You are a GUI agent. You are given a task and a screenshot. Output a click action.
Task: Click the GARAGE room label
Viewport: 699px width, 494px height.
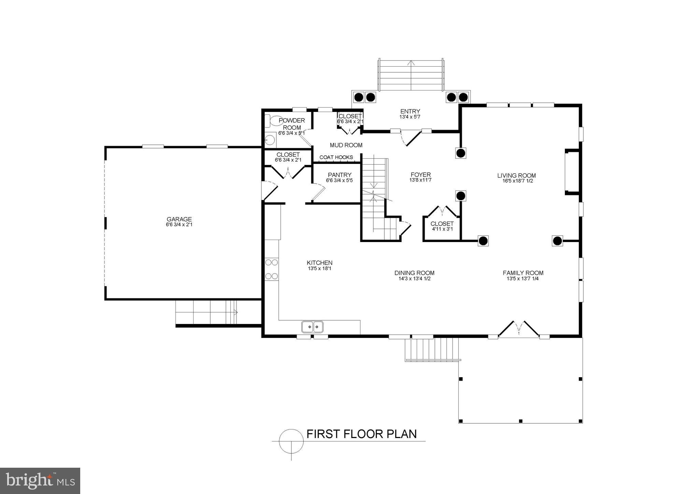click(x=179, y=219)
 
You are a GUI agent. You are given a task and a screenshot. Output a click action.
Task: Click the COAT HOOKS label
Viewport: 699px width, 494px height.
click(x=336, y=157)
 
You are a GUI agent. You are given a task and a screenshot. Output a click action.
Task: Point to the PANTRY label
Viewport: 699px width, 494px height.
click(x=339, y=175)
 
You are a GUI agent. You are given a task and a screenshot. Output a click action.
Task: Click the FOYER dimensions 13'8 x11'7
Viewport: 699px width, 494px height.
click(x=420, y=180)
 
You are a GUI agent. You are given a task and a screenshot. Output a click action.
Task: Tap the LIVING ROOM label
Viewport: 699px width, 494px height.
click(x=516, y=176)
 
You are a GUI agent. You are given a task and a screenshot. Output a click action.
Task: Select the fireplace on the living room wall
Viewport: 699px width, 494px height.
click(x=572, y=172)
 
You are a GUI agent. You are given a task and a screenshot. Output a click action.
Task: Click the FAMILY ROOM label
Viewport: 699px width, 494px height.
click(x=523, y=273)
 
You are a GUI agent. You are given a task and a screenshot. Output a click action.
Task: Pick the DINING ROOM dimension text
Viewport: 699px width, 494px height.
click(x=414, y=279)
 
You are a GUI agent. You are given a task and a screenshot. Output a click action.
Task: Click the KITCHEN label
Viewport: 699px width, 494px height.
click(x=319, y=263)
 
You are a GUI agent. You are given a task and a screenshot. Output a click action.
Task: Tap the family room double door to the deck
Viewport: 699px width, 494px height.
click(x=519, y=329)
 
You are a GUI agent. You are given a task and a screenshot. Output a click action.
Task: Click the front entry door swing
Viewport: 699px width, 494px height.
click(x=410, y=138)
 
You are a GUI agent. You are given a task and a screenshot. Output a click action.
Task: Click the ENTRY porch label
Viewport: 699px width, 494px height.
click(x=410, y=111)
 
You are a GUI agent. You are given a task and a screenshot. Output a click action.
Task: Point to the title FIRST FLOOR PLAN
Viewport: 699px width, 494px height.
click(x=361, y=434)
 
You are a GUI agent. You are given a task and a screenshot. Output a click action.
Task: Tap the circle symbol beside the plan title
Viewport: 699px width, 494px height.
click(x=291, y=441)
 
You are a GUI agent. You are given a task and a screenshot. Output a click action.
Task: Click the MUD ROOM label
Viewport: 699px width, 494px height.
click(x=346, y=145)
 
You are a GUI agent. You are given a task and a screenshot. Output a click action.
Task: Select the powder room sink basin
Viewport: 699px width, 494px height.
click(x=270, y=139)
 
